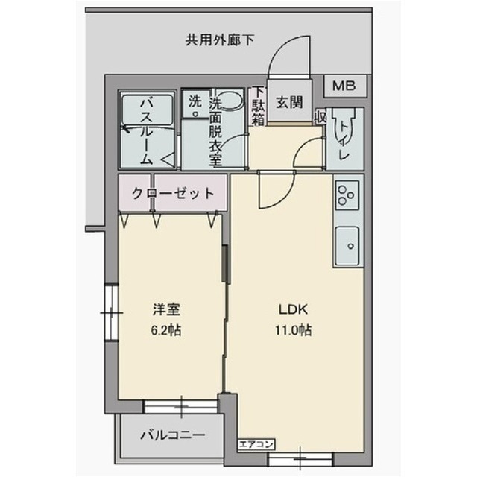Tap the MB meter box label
coord(344,86)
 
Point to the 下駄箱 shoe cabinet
coord(258,105)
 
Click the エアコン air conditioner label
coord(257,444)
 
